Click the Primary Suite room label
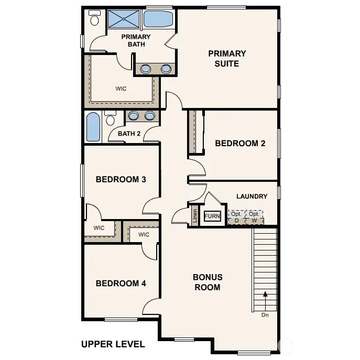227,58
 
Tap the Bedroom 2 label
236,143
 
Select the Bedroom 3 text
121,179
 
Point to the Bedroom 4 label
121,283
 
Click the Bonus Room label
208,282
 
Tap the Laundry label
252,197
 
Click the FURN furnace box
212,216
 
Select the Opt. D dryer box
236,217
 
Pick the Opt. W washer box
254,217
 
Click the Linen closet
195,216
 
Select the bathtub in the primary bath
158,19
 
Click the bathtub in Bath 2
93,127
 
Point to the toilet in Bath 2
110,118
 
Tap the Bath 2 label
129,134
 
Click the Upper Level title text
113,344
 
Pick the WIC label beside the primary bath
121,89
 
